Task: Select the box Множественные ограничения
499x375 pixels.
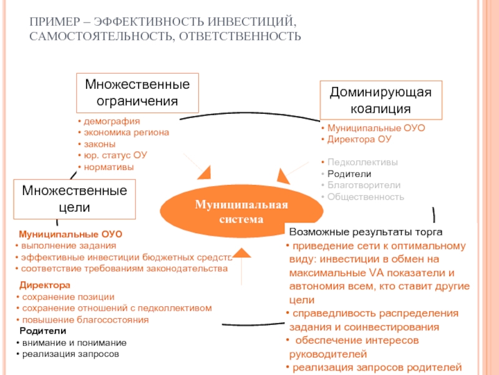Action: tap(137, 92)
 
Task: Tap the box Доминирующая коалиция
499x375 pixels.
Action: tap(380, 100)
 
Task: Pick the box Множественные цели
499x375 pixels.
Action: tap(75, 198)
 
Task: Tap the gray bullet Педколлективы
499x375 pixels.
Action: tap(362, 162)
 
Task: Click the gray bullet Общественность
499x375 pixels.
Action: tap(366, 197)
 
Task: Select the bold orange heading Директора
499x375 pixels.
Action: tap(44, 285)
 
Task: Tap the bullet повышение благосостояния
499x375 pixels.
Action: tap(85, 319)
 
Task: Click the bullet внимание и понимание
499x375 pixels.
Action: tap(74, 342)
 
